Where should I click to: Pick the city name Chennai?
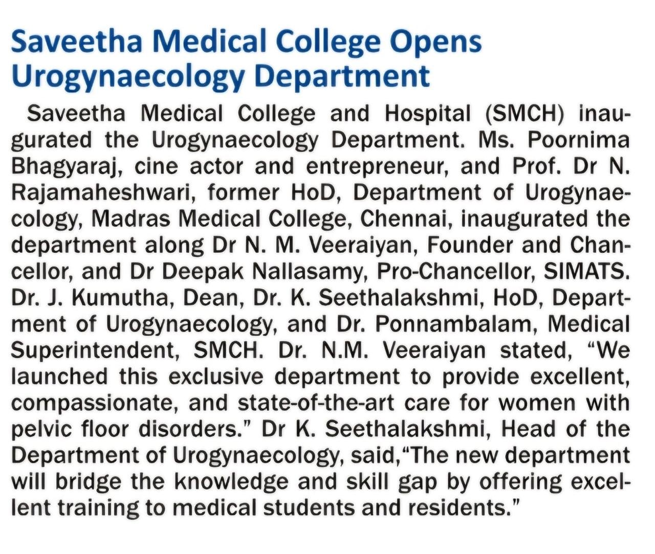[x=404, y=219]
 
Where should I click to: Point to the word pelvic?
[x=41, y=429]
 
